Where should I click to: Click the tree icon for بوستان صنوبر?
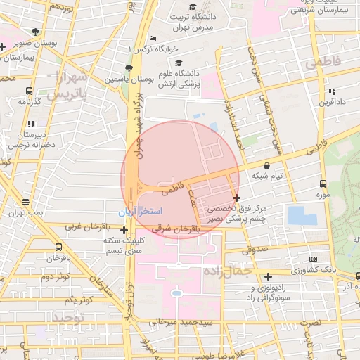click(36, 32)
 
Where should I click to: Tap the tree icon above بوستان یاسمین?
click(128, 68)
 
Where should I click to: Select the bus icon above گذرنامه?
click(29, 91)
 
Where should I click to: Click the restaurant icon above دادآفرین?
click(331, 91)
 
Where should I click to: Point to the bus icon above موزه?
click(323, 183)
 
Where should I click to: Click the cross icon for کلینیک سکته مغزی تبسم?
click(124, 230)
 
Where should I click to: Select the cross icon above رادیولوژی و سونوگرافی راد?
click(267, 276)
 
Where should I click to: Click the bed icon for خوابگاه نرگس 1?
click(153, 39)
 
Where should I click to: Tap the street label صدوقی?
click(255, 249)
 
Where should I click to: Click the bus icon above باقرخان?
click(58, 247)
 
